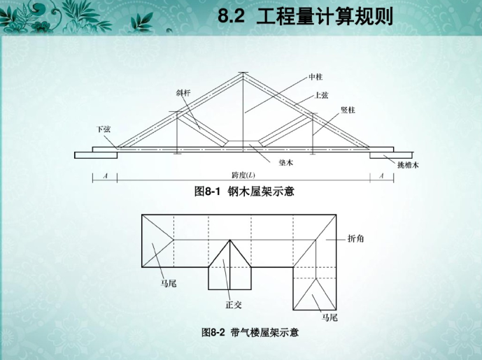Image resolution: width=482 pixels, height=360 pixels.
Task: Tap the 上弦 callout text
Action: (322, 94)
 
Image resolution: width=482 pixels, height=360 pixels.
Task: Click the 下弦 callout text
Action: (103, 129)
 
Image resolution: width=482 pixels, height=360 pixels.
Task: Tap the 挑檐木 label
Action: (408, 165)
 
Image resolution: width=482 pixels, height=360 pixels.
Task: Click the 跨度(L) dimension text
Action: (243, 175)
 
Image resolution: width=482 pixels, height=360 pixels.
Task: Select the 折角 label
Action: (355, 238)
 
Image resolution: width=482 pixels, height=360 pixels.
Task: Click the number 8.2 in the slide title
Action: (232, 16)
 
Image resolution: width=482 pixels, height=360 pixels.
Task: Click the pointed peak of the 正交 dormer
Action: (230, 240)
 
